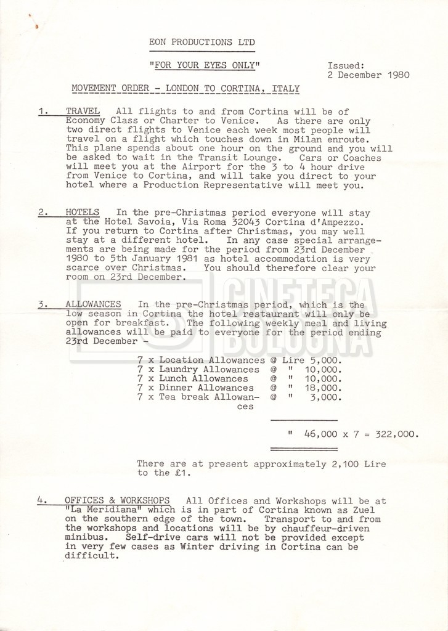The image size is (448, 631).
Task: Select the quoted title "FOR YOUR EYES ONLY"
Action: (x=205, y=65)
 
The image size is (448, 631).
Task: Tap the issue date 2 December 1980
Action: (x=369, y=75)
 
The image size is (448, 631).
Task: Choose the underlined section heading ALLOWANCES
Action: (x=92, y=304)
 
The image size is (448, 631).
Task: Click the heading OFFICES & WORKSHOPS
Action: (x=118, y=500)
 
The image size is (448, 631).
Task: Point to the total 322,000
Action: (x=397, y=434)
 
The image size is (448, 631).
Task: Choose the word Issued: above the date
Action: (x=346, y=65)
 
